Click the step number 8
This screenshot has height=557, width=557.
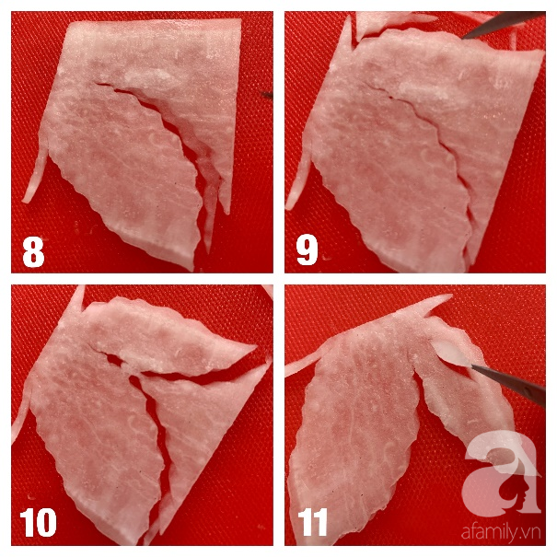[33, 252]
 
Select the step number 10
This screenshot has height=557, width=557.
[38, 522]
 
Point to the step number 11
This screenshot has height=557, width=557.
[313, 522]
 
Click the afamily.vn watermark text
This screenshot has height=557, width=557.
[501, 532]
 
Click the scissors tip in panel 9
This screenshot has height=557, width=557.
[463, 37]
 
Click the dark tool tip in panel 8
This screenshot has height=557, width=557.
[267, 95]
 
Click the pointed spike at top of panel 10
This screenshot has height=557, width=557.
[79, 298]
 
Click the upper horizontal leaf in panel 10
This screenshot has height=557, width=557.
[170, 338]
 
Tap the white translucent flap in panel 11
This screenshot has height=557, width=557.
[450, 354]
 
